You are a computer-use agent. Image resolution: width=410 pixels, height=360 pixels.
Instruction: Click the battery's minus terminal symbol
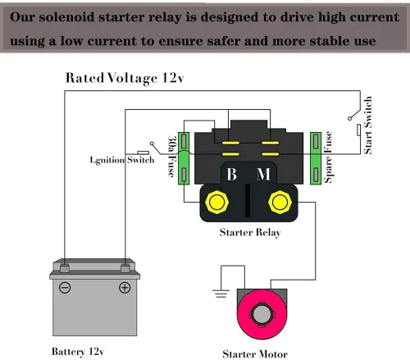[65, 288]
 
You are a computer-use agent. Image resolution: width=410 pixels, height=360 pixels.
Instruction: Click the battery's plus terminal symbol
[125, 288]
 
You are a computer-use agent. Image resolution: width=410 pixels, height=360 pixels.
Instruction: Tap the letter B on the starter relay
[231, 174]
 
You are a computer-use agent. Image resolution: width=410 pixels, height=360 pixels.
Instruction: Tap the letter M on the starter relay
[263, 174]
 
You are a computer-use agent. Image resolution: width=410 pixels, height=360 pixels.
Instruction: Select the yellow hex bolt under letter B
[217, 203]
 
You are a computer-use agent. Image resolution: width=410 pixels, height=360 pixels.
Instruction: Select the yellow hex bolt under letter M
[280, 203]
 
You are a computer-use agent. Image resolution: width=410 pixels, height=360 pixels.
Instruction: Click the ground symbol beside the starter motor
[221, 293]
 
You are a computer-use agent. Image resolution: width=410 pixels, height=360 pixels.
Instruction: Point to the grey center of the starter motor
[262, 314]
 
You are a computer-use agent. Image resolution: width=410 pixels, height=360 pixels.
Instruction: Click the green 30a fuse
[184, 158]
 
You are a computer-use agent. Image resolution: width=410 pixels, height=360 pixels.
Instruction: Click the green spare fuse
[316, 158]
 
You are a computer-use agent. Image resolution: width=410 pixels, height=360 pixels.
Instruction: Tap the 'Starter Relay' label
[250, 233]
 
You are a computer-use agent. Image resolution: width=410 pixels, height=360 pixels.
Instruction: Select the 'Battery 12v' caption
[78, 352]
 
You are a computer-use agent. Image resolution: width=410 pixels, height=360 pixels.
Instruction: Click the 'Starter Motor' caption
[255, 354]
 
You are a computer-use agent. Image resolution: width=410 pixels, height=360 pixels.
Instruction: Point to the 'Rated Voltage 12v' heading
[125, 78]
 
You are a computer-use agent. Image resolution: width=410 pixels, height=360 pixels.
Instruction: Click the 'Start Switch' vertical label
[368, 125]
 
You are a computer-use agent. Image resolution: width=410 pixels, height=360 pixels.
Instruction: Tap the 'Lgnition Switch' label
[122, 160]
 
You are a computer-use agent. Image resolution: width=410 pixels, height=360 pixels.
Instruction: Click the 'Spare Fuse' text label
[328, 157]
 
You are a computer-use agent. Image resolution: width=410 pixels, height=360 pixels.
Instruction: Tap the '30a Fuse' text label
[171, 156]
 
